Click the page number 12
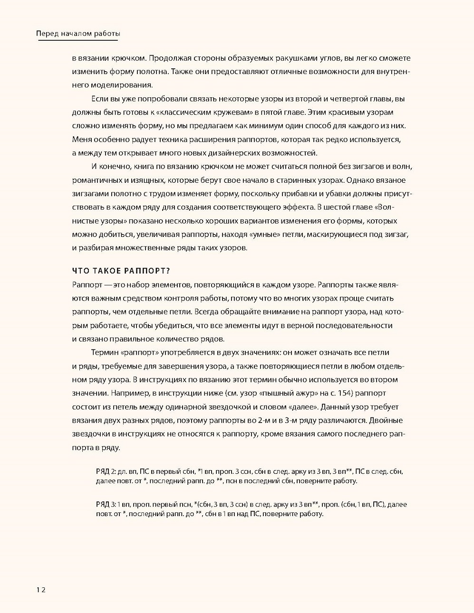point(40,590)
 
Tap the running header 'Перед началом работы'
point(78,34)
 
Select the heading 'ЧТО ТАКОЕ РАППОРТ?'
point(121,271)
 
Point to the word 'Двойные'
point(386,420)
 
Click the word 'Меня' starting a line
point(81,140)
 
